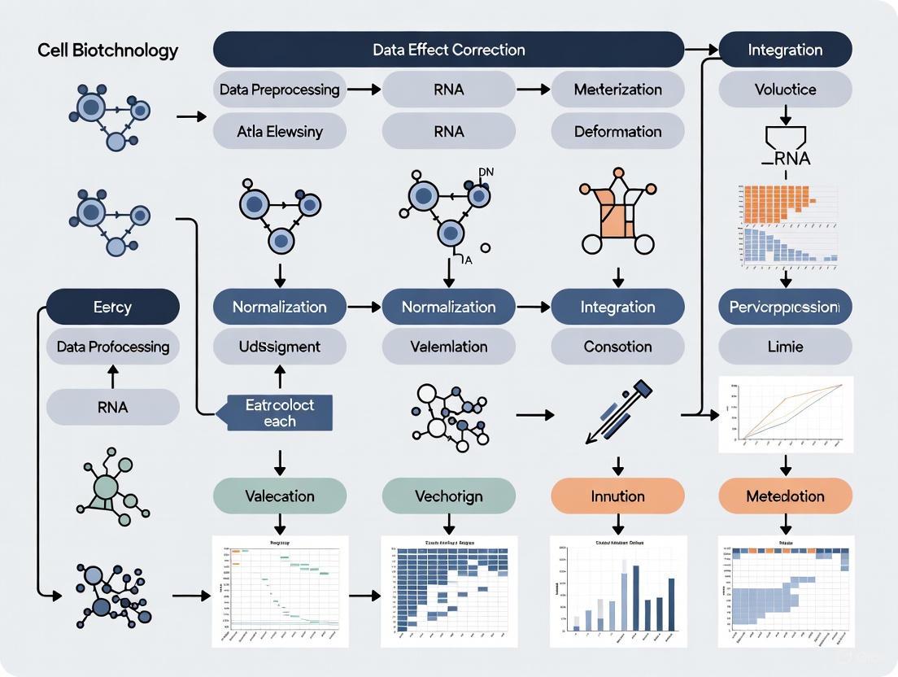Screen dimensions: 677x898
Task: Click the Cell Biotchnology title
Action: (107, 50)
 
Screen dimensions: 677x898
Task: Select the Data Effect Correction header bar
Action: (448, 50)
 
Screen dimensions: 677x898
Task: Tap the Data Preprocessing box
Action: (280, 90)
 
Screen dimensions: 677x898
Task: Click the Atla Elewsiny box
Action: (280, 131)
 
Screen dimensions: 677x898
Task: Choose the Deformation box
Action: (617, 131)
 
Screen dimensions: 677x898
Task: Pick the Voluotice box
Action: (785, 90)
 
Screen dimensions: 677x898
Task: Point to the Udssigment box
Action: (280, 347)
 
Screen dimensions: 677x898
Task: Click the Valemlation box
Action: (448, 347)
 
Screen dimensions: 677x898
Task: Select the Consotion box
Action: (617, 347)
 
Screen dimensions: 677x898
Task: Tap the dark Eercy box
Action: (112, 308)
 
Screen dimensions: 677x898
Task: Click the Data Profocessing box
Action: (112, 347)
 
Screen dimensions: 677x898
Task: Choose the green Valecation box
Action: (280, 496)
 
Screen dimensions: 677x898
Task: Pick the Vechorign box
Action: (448, 496)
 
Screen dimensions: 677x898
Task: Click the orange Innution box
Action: (617, 496)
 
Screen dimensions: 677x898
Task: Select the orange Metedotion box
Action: (785, 496)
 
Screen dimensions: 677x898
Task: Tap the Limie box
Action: (785, 347)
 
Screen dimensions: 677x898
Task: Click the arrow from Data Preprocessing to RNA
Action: (364, 90)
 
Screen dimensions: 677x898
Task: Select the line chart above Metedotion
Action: (786, 414)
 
